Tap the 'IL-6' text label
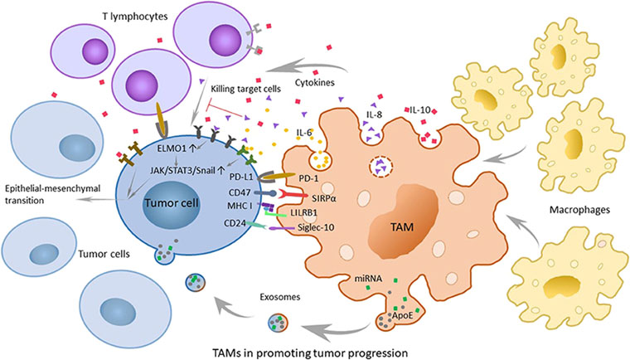coord(308,131)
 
